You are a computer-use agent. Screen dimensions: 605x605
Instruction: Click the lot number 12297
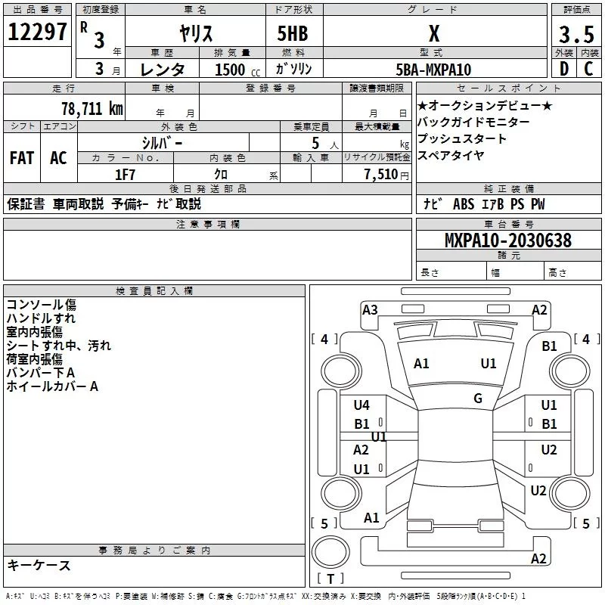click(37, 33)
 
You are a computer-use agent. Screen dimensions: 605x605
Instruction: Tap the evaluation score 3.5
click(576, 35)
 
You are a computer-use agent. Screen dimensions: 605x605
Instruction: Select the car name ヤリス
click(194, 34)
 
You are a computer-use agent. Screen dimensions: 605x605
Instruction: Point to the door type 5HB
click(293, 34)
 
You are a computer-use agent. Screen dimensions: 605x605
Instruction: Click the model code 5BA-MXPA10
click(433, 70)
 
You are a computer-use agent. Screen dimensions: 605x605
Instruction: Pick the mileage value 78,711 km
click(92, 108)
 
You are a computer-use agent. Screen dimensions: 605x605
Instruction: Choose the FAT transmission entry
click(22, 158)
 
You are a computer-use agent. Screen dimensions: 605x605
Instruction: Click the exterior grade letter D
click(563, 70)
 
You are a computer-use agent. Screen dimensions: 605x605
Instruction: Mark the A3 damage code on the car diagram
click(370, 309)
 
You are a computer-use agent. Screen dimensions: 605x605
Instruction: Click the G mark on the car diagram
click(478, 398)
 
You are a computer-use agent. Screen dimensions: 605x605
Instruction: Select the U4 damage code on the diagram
click(361, 405)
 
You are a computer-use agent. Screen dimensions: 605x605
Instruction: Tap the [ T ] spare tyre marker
click(331, 579)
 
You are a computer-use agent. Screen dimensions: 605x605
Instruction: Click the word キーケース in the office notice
click(39, 566)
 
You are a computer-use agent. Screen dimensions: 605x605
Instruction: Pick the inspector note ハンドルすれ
click(41, 318)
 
